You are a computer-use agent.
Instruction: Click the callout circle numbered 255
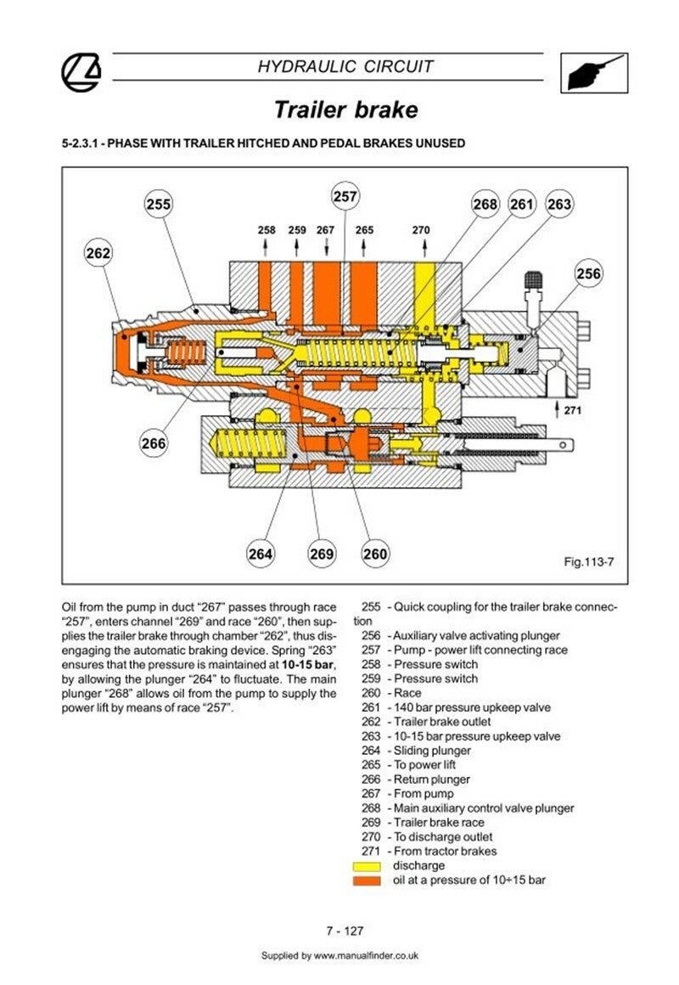tap(158, 204)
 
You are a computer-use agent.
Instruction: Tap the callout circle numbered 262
tap(98, 253)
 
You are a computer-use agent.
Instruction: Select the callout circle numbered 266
tap(154, 443)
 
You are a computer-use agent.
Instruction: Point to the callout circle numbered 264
tap(260, 554)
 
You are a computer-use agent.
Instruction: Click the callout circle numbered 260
tap(375, 554)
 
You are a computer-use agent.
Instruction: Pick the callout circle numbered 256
tap(588, 273)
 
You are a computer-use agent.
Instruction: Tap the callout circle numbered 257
tap(345, 197)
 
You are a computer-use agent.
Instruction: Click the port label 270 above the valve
tap(421, 230)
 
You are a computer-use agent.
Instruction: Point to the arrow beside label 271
tap(557, 409)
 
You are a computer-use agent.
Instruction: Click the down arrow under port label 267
tap(326, 247)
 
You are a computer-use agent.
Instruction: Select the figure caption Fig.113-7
tap(588, 561)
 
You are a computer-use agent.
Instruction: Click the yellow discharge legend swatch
tap(367, 866)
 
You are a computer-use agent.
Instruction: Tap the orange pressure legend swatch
tap(367, 881)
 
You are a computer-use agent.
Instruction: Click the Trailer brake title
tap(346, 110)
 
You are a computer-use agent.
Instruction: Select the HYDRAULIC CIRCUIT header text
tap(345, 66)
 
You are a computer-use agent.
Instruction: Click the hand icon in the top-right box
tap(593, 73)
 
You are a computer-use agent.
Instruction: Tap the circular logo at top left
tap(81, 72)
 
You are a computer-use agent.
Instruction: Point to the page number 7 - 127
tap(345, 931)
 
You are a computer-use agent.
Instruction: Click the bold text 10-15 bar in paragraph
tap(308, 665)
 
